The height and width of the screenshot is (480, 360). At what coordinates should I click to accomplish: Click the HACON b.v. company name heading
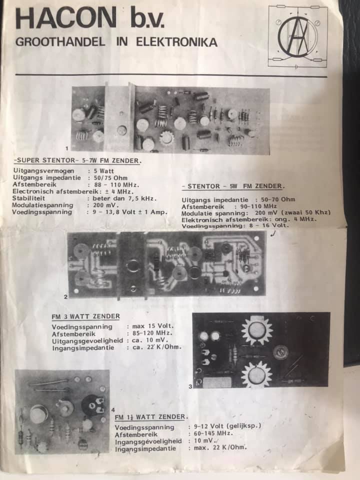coord(89,18)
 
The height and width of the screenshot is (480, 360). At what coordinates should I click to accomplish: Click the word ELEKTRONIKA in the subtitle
coord(176,42)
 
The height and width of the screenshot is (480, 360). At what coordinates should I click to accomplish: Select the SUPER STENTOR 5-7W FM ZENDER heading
coord(78,160)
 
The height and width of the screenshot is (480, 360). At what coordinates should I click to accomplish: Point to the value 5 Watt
coord(104,171)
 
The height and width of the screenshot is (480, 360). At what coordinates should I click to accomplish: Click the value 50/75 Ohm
coord(110,178)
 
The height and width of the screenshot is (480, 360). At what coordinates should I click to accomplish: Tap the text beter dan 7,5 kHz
coord(124,198)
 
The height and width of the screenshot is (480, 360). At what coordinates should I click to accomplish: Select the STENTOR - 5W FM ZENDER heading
coord(233,186)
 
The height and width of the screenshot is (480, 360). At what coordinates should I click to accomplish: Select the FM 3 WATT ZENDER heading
coord(85,316)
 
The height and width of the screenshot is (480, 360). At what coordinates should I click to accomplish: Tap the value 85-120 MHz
coord(152,333)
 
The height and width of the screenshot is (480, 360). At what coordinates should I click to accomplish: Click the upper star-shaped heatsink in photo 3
coord(256,330)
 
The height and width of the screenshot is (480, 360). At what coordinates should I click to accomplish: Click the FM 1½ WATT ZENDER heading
coord(151,417)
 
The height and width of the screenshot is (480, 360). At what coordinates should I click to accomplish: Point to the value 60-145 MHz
coord(213,433)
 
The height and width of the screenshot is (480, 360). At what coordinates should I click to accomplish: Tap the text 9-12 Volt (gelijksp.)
coord(227,426)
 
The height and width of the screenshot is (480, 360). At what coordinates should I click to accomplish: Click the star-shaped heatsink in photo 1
coord(167,138)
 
